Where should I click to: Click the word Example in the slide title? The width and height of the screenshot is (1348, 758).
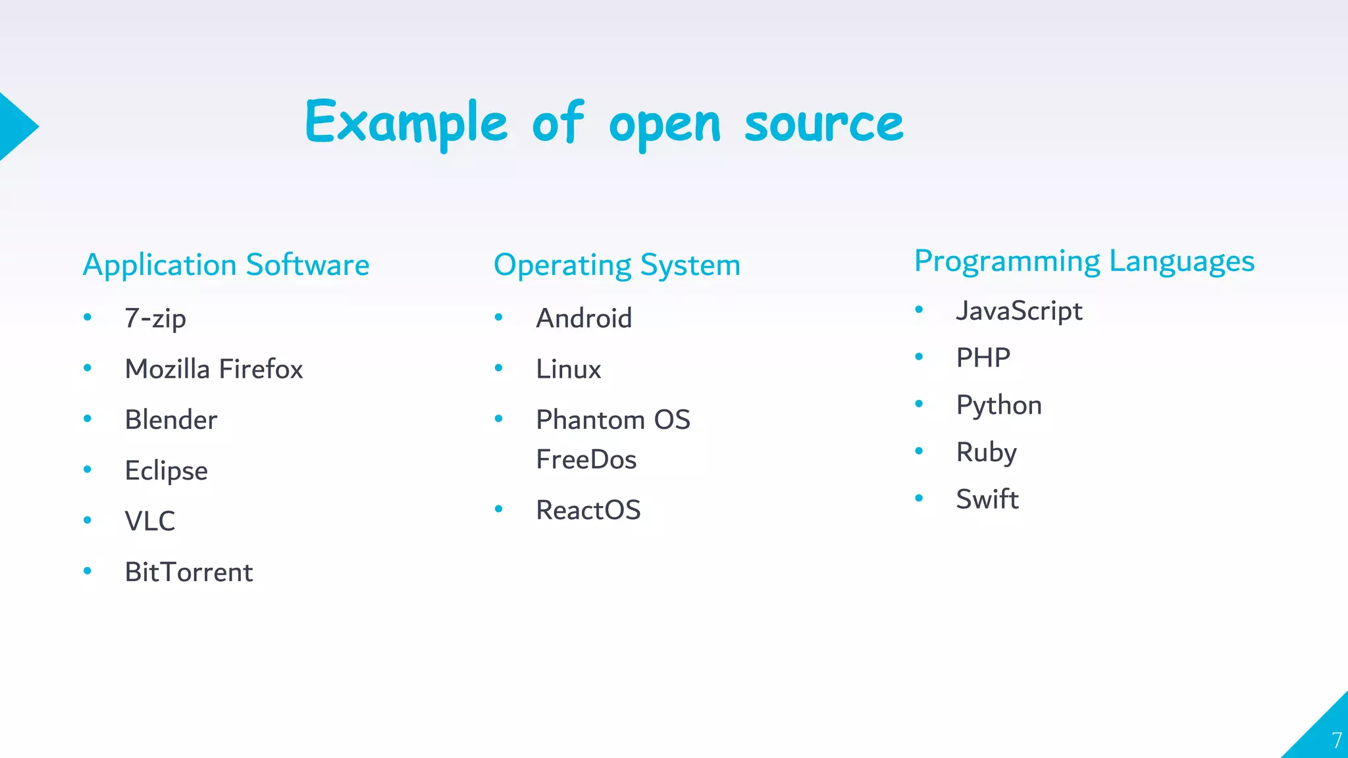pyautogui.click(x=406, y=123)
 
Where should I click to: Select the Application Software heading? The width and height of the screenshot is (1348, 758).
pyautogui.click(x=226, y=265)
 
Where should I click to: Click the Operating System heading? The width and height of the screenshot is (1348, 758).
pyautogui.click(x=617, y=265)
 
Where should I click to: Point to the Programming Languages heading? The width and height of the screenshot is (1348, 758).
pyautogui.click(x=1084, y=262)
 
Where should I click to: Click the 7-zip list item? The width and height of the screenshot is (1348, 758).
pyautogui.click(x=155, y=318)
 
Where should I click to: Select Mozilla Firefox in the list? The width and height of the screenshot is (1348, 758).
pyautogui.click(x=214, y=369)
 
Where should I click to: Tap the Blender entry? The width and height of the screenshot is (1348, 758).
pyautogui.click(x=171, y=420)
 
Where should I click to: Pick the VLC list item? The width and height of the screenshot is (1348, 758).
pyautogui.click(x=150, y=521)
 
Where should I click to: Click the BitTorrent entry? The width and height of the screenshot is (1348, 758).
pyautogui.click(x=189, y=572)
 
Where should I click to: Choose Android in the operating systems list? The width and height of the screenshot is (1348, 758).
pyautogui.click(x=584, y=318)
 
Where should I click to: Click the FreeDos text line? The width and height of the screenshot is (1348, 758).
pyautogui.click(x=586, y=459)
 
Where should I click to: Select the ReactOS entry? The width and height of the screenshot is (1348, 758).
pyautogui.click(x=588, y=510)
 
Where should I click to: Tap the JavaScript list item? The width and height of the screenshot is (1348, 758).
pyautogui.click(x=1019, y=311)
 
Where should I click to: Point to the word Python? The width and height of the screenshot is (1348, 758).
pyautogui.click(x=998, y=405)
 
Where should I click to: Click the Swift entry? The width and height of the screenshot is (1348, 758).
pyautogui.click(x=987, y=499)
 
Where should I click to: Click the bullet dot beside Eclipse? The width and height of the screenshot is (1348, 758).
pyautogui.click(x=88, y=469)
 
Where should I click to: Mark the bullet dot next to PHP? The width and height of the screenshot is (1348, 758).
pyautogui.click(x=919, y=357)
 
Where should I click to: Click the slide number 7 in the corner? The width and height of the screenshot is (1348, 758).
pyautogui.click(x=1336, y=740)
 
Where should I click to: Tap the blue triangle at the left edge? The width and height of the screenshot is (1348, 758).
pyautogui.click(x=14, y=126)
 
